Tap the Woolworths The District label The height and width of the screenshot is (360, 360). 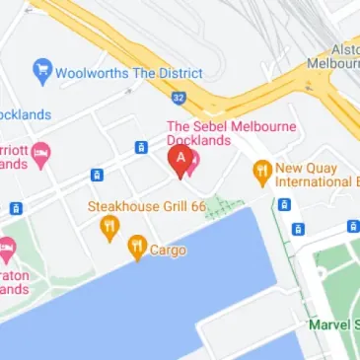[128, 73]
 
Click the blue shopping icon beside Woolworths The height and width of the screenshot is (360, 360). [41, 71]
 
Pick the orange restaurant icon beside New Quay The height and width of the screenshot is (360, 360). [261, 171]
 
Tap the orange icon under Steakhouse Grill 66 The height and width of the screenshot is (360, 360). [109, 230]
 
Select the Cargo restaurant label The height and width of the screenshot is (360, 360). [168, 251]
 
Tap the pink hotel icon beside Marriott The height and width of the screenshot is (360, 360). [40, 153]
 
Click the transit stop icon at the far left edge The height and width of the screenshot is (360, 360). [16, 208]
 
